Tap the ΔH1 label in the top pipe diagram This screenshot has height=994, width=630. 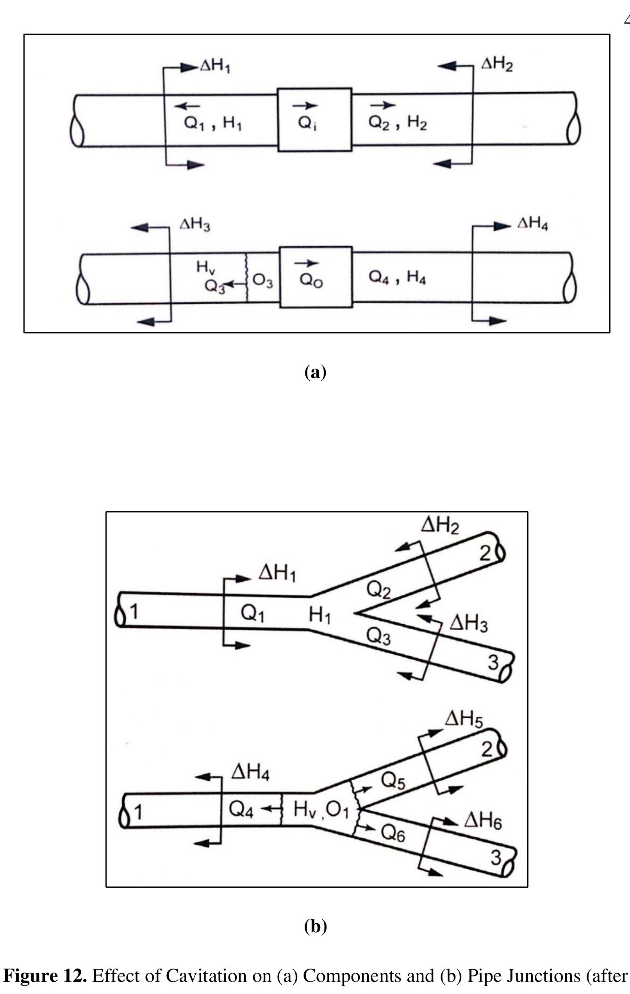coord(215,66)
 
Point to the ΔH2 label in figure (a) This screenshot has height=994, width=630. coord(497,65)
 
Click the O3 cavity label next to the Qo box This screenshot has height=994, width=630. coord(262,281)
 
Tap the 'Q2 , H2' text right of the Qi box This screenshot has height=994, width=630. coord(397,123)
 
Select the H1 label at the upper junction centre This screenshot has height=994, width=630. coord(320,616)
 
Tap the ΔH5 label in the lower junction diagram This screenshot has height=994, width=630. coord(463,720)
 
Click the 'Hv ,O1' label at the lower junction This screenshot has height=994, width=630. coord(321,810)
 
